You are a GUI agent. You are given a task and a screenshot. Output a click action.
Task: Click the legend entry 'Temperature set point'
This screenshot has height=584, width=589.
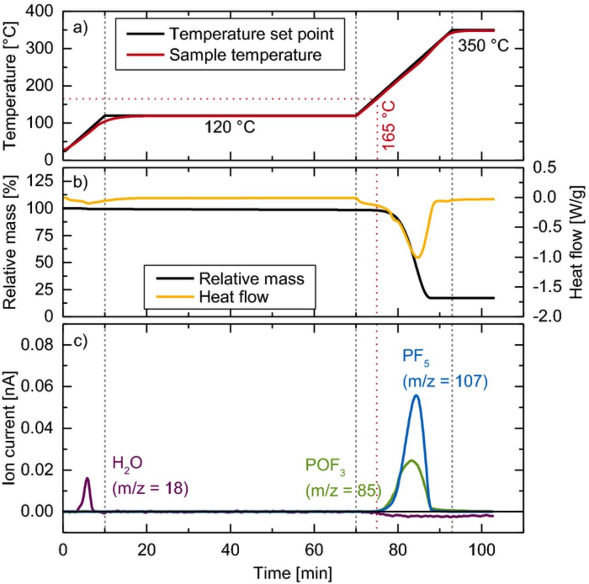251,34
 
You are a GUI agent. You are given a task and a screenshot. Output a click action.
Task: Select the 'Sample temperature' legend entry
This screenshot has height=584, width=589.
245,55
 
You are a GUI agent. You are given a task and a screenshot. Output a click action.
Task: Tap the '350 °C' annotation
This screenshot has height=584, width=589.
483,46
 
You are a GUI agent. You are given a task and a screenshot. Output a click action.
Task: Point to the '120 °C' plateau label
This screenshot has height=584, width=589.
230,127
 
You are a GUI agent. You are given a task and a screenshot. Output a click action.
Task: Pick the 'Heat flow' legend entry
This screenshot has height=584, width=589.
233,297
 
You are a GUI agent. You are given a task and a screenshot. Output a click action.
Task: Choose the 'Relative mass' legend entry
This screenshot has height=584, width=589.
251,279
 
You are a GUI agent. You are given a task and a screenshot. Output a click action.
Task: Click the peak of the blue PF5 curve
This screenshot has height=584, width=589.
416,395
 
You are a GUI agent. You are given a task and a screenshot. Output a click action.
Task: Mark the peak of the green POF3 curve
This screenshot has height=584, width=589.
411,460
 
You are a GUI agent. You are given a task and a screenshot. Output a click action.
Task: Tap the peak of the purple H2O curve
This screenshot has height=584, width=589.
87,478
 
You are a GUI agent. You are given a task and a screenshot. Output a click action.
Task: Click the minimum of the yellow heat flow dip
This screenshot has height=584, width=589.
417,257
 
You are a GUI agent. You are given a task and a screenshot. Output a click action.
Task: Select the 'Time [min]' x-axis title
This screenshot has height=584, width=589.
292,573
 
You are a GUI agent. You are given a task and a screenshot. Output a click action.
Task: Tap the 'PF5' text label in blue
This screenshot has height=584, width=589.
416,357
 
